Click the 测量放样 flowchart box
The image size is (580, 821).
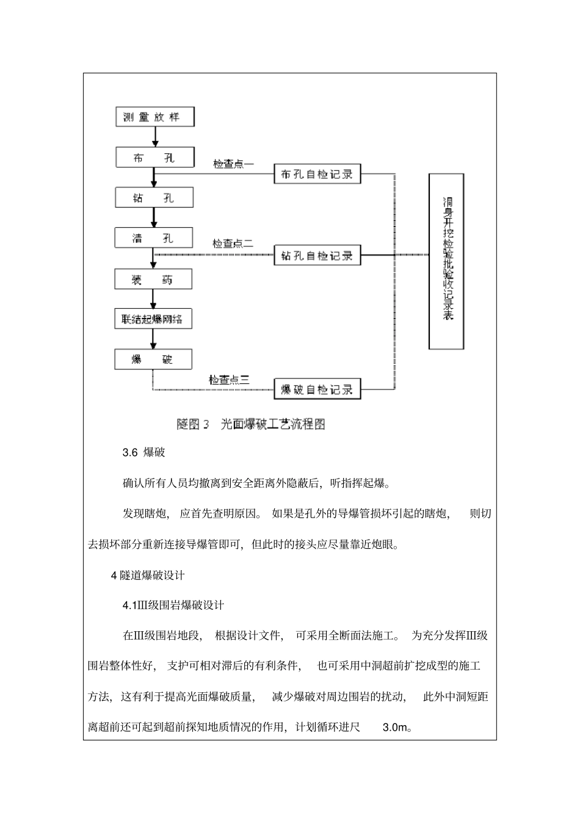point(155,117)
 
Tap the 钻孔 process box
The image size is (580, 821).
point(154,198)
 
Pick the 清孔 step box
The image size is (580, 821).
point(154,237)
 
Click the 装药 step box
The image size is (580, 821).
point(153,280)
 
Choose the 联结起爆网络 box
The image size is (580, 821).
point(153,319)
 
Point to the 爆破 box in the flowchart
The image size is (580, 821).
point(153,359)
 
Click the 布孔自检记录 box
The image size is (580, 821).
point(317,174)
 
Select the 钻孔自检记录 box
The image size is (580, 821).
point(317,255)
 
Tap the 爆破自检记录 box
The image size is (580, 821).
point(317,389)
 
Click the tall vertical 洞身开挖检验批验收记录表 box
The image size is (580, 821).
point(446,261)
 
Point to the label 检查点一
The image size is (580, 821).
point(233,164)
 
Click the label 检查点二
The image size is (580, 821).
point(233,244)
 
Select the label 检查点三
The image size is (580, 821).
point(229,380)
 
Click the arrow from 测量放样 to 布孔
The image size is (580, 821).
point(155,137)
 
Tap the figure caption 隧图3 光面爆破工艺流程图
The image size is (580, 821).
point(251,424)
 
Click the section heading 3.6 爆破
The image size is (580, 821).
point(143,453)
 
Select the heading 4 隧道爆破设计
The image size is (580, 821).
point(148,575)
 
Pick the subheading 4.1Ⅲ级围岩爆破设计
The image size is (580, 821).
point(173,606)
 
